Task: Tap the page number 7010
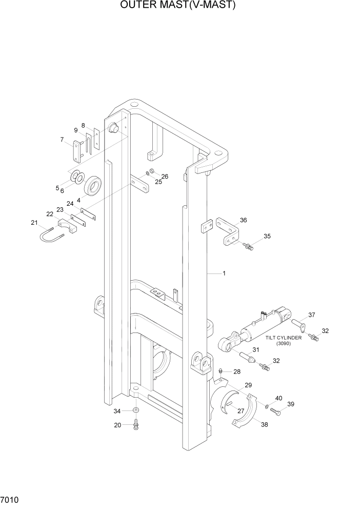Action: tap(11, 499)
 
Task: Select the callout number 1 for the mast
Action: tap(224, 274)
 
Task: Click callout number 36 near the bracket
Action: tap(243, 220)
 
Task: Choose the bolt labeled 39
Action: tap(275, 410)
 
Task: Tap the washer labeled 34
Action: tap(135, 411)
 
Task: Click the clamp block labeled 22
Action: tap(67, 226)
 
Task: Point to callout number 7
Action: tap(62, 139)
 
